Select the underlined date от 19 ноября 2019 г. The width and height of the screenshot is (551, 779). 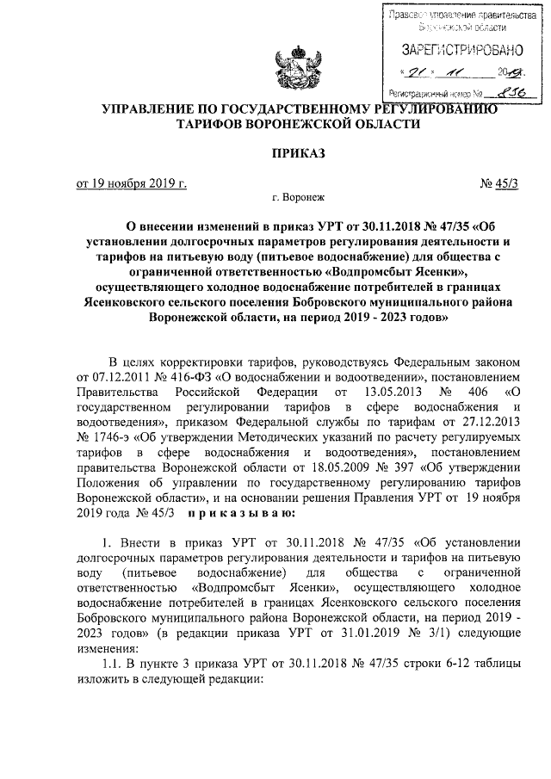coord(132,183)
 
